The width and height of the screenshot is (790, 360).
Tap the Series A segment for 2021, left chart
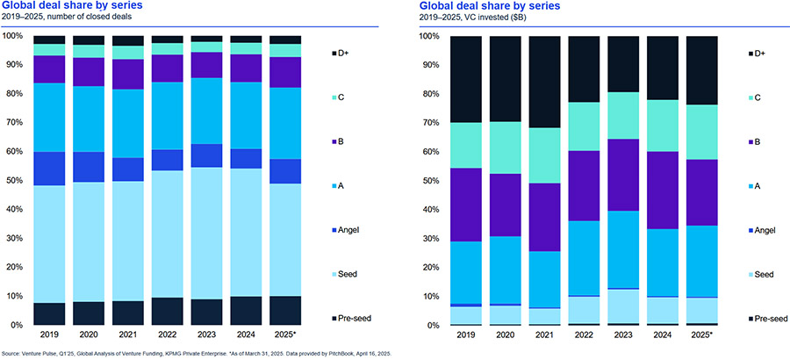pyautogui.click(x=128, y=124)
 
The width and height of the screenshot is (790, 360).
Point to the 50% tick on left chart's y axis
pyautogui.click(x=16, y=181)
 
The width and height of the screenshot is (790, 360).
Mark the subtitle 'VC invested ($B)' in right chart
pyautogui.click(x=500, y=18)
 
